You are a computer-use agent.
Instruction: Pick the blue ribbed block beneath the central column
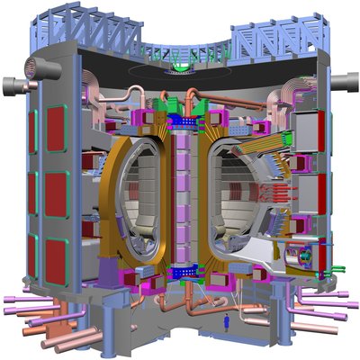(184, 269)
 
